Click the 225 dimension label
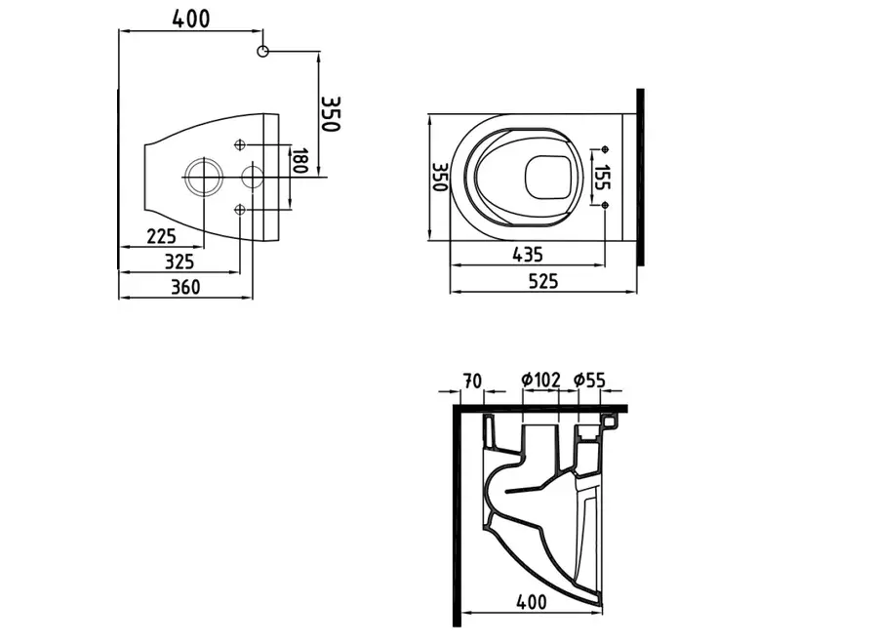pos(161,235)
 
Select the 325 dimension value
pos(179,261)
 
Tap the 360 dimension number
pos(185,286)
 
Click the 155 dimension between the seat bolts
pos(603,177)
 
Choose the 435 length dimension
pos(527,255)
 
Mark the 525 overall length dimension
pos(542,281)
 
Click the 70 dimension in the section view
pos(471,380)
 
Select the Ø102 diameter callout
pos(540,380)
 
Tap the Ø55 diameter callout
pos(591,380)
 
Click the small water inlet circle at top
pos(262,51)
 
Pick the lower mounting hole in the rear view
pos(242,209)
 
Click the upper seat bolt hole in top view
pos(605,148)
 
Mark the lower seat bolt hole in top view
pos(605,204)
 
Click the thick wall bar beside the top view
pos(641,176)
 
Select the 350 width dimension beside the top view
pos(439,177)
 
